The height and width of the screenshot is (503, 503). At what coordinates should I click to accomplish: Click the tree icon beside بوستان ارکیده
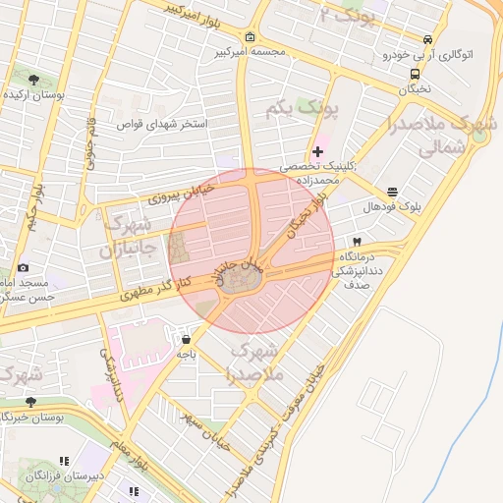click(35, 79)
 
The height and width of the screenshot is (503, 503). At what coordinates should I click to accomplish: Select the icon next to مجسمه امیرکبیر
click(251, 38)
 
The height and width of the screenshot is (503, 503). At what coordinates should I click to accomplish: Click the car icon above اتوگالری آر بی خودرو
click(426, 40)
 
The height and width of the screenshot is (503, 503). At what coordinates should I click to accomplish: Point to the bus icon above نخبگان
click(416, 73)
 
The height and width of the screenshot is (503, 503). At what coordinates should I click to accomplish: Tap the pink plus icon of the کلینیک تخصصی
click(317, 151)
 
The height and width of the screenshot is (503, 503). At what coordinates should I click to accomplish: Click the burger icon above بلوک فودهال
click(393, 192)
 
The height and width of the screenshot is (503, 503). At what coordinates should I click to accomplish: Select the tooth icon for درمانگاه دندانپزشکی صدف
click(357, 241)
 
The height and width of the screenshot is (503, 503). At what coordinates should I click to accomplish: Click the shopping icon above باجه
click(186, 339)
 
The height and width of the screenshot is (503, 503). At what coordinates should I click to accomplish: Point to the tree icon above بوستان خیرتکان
click(30, 402)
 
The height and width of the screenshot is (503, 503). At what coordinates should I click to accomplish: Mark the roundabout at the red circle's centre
click(241, 280)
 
